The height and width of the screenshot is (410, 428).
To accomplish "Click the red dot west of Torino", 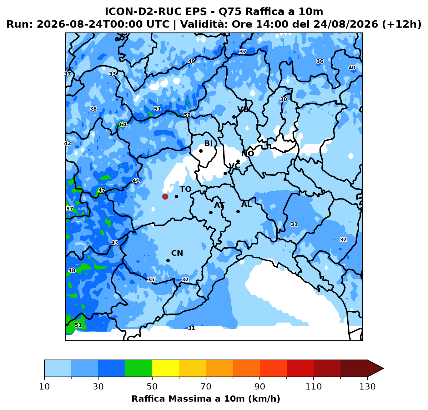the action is click(x=165, y=197).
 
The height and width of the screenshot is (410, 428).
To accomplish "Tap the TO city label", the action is click(x=186, y=189).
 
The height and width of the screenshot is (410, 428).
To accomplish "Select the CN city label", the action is click(x=177, y=253).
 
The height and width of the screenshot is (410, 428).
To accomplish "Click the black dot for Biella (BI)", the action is click(x=201, y=151).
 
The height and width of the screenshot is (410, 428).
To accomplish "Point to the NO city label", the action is click(x=248, y=154).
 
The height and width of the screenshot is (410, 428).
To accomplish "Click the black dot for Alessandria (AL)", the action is click(x=238, y=212).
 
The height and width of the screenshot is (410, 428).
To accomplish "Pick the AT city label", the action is click(x=219, y=205).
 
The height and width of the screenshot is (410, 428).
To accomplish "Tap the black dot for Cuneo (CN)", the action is click(x=168, y=261).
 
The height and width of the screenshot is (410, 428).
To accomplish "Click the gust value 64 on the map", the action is click(x=123, y=125).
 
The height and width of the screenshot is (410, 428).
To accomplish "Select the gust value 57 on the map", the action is click(x=70, y=209).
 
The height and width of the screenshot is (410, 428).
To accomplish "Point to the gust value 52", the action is click(x=187, y=115).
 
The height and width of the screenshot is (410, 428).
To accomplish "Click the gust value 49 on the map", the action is click(x=192, y=61).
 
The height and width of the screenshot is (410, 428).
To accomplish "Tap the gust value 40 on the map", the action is click(x=352, y=68).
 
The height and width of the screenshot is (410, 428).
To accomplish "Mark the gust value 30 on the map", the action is click(x=284, y=99).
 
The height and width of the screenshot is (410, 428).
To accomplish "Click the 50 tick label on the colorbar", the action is click(x=152, y=387).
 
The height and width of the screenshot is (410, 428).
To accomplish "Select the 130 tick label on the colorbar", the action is click(x=367, y=387).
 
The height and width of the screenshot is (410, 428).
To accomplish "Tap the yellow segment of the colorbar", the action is click(x=166, y=368).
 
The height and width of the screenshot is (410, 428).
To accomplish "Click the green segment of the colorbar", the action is click(x=138, y=368).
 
